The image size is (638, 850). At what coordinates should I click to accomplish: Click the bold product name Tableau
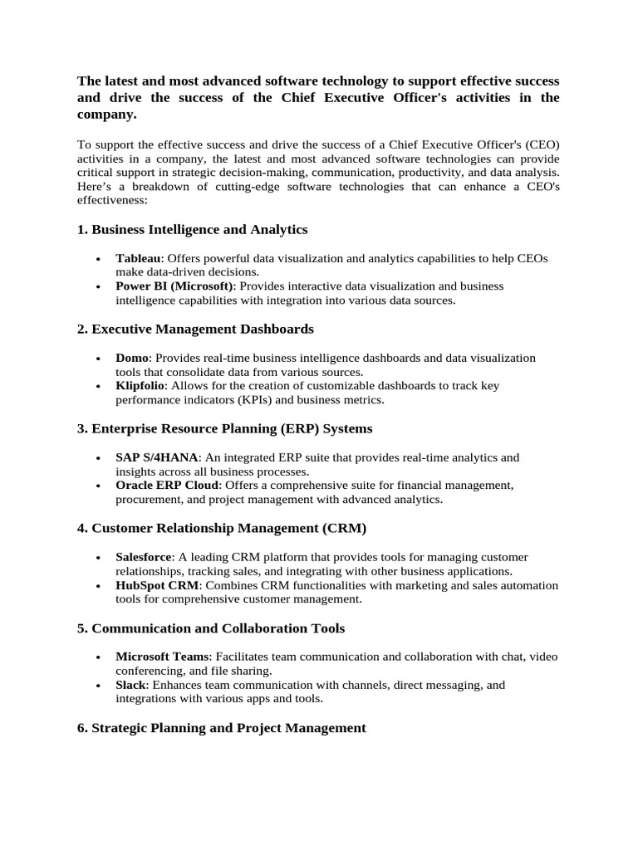pyautogui.click(x=138, y=258)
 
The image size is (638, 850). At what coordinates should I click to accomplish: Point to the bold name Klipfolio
pyautogui.click(x=141, y=385)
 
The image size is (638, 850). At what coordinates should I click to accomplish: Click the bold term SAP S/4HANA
pyautogui.click(x=157, y=457)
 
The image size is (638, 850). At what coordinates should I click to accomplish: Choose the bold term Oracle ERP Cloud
pyautogui.click(x=168, y=485)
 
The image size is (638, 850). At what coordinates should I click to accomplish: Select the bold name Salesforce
pyautogui.click(x=144, y=557)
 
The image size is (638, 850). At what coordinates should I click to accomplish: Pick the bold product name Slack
pyautogui.click(x=131, y=685)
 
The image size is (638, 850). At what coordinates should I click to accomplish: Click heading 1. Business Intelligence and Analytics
pyautogui.click(x=192, y=229)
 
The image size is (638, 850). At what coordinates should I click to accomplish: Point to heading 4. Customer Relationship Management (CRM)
pyautogui.click(x=221, y=528)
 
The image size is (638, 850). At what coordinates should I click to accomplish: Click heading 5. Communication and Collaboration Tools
pyautogui.click(x=210, y=628)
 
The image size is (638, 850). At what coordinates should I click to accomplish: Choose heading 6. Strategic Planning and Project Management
pyautogui.click(x=221, y=727)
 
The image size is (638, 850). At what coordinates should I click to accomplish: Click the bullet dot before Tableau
pyautogui.click(x=99, y=260)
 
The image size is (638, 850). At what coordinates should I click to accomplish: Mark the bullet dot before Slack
pyautogui.click(x=99, y=686)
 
